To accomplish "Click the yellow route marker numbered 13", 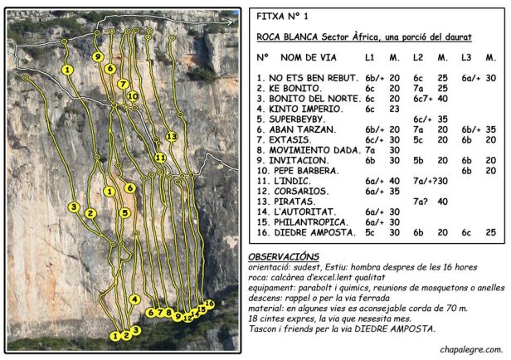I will [x=171, y=135].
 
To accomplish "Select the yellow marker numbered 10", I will [x=133, y=96].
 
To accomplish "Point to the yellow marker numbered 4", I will [x=135, y=299].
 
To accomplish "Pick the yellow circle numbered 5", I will [x=124, y=212].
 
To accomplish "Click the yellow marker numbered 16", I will [x=210, y=304].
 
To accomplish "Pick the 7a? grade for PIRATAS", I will [x=421, y=202].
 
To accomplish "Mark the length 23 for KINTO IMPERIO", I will [x=395, y=109].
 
